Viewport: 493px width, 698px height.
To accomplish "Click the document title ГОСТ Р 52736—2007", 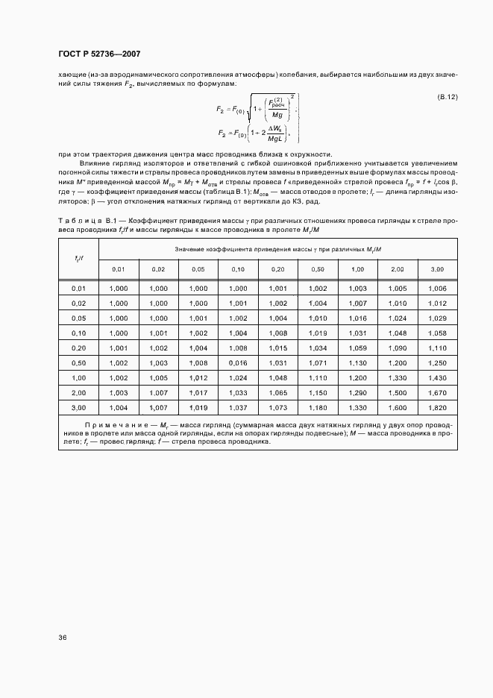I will point(99,54).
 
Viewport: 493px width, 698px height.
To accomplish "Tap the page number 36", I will point(61,638).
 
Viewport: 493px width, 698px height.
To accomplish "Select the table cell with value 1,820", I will point(437,407).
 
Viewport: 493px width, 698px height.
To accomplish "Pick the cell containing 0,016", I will point(237,362).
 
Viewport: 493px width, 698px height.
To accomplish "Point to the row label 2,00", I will point(78,392).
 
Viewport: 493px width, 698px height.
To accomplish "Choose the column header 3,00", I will point(437,268).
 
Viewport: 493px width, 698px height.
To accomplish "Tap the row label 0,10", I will point(78,333).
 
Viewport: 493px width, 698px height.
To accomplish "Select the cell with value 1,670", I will point(437,392).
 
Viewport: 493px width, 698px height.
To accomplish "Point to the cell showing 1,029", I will point(437,318).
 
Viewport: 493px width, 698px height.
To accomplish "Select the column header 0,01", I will point(118,268).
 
